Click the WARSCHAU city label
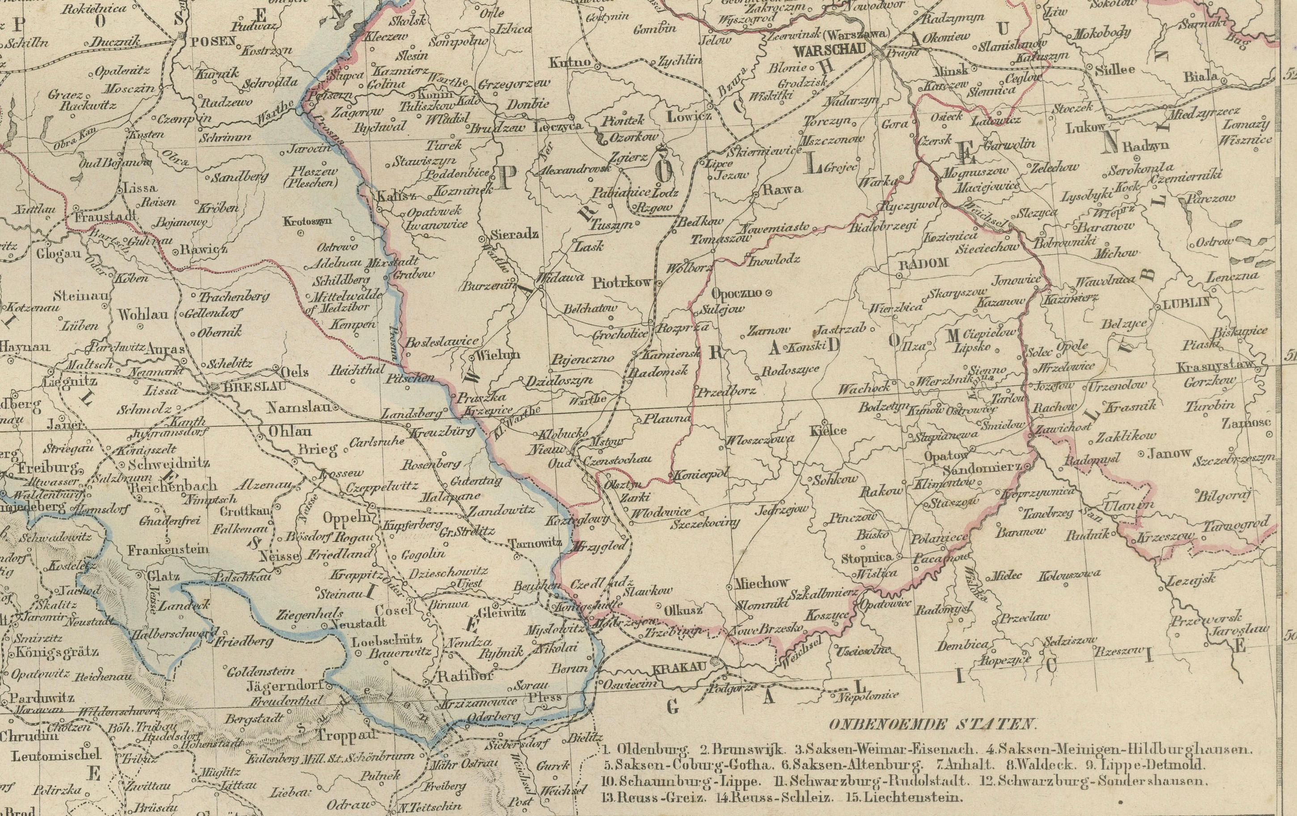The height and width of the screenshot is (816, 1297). coord(830,49)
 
